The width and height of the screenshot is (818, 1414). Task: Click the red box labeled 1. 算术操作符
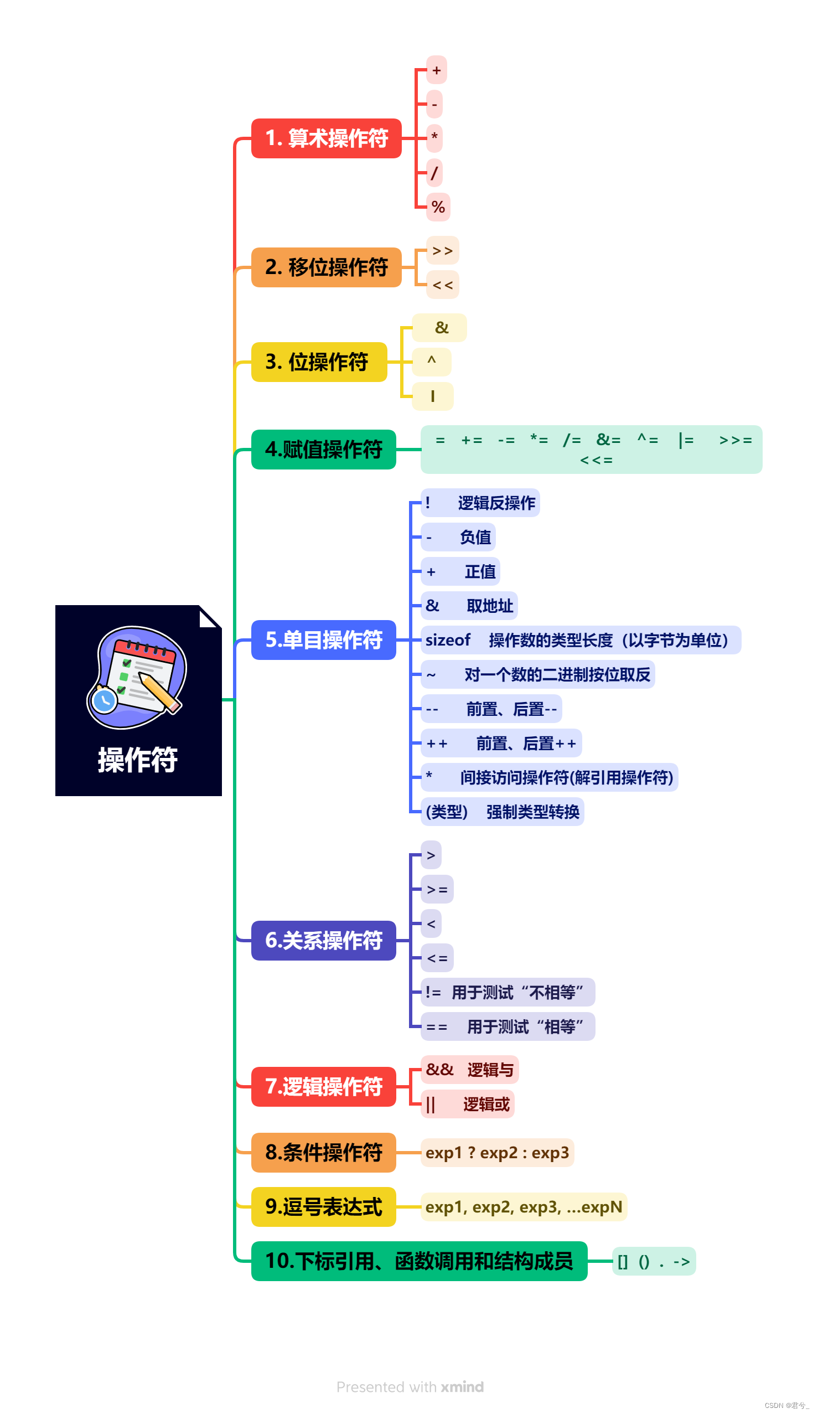[326, 138]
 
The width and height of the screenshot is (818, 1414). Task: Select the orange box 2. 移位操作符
[326, 267]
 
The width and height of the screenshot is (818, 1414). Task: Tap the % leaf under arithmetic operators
[438, 207]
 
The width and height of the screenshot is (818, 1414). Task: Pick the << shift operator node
[442, 285]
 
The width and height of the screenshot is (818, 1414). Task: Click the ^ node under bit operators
[431, 362]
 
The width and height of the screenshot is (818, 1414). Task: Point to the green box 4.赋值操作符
[323, 450]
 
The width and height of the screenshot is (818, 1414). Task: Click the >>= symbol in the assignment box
[735, 441]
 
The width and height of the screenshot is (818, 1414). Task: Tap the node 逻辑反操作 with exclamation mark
[480, 503]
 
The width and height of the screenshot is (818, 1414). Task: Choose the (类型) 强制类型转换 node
[501, 812]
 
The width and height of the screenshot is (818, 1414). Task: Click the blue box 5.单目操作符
[323, 639]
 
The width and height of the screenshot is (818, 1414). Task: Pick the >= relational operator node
[437, 889]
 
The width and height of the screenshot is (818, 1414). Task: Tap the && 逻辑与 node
[469, 1070]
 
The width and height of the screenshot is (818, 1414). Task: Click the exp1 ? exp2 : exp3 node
[496, 1153]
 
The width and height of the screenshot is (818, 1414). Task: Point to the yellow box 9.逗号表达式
[323, 1207]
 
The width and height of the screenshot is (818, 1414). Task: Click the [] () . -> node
[654, 1261]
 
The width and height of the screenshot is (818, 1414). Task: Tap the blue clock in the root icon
[105, 700]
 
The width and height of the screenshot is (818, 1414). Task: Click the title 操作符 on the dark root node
[138, 760]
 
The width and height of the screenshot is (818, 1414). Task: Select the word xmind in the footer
[462, 1387]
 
